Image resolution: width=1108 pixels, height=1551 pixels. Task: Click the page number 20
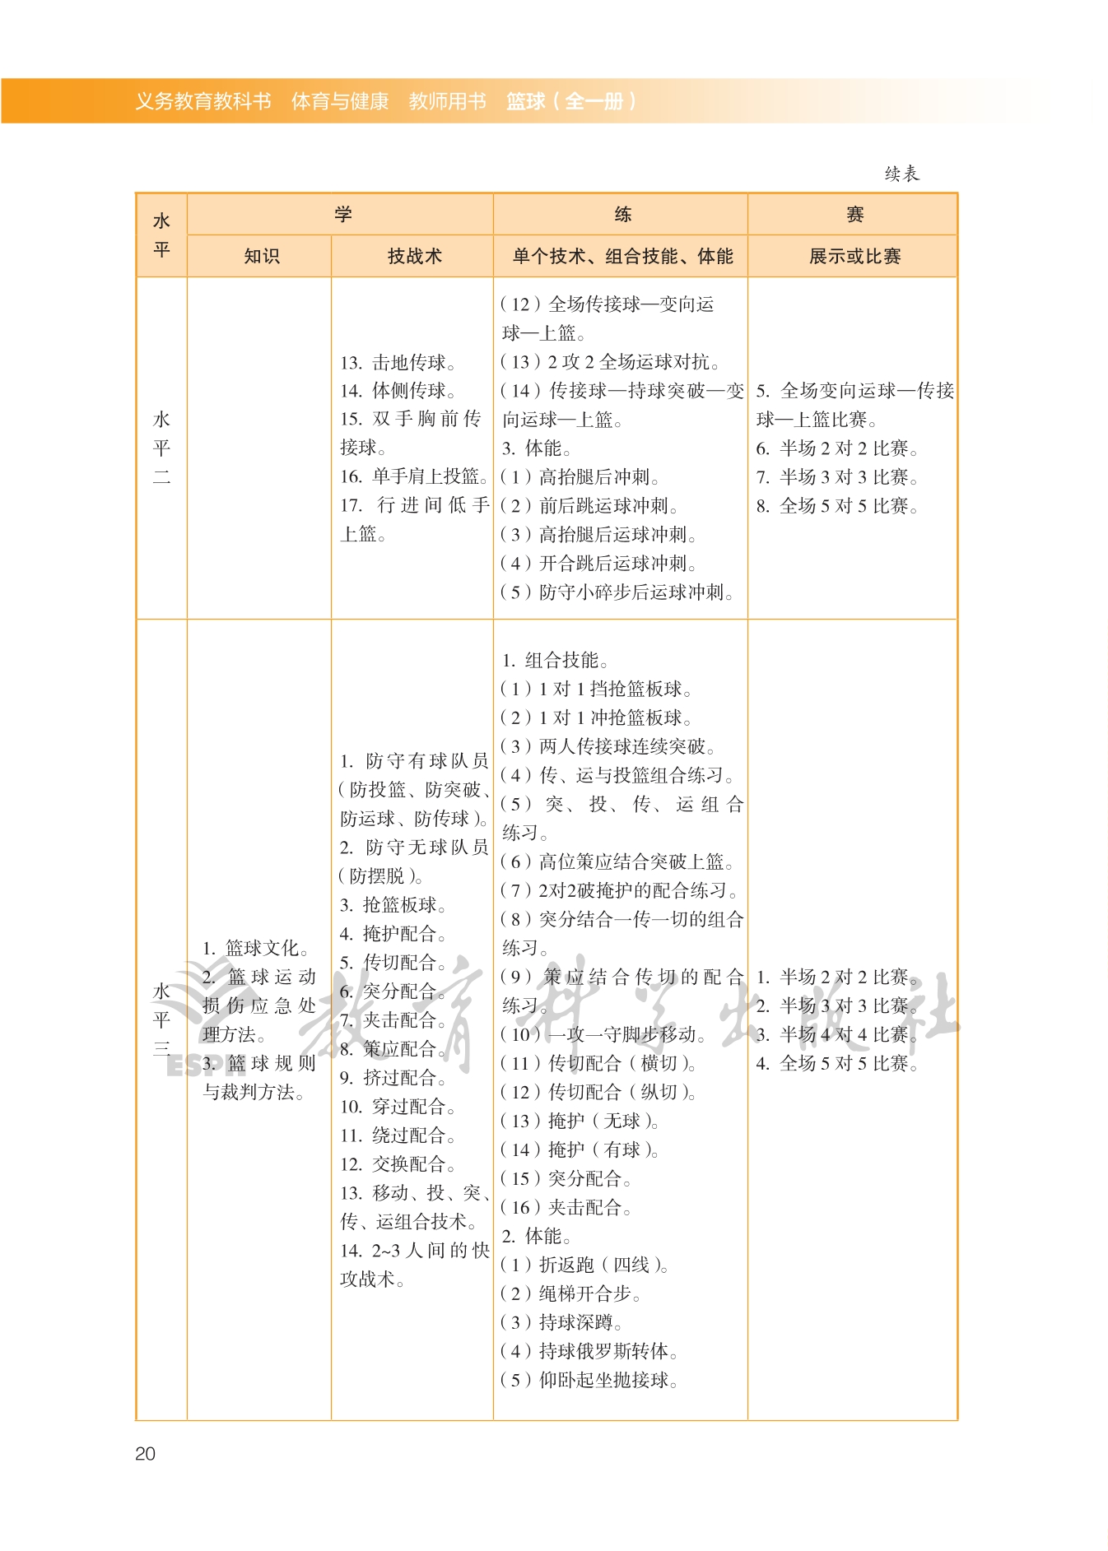click(145, 1453)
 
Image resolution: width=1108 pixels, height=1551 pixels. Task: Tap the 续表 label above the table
click(901, 174)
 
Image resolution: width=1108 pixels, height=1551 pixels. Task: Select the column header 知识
click(261, 256)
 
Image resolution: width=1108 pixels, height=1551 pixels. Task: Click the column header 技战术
click(414, 256)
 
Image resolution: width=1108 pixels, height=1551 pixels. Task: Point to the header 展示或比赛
click(854, 256)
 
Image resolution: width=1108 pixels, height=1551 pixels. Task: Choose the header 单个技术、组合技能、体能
click(622, 256)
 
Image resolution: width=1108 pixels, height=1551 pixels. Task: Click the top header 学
click(342, 214)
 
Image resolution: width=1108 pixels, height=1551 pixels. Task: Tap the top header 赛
click(854, 215)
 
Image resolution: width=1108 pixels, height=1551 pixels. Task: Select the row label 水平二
click(161, 448)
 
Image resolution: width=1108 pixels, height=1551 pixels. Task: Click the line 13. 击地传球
click(398, 362)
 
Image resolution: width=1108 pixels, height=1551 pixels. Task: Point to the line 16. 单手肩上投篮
click(414, 476)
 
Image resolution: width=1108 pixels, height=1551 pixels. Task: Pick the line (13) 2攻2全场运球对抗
click(611, 362)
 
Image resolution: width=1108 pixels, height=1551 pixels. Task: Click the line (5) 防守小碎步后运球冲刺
click(617, 592)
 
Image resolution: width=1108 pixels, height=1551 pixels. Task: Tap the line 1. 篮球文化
click(255, 948)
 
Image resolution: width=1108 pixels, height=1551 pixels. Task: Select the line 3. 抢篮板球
click(393, 905)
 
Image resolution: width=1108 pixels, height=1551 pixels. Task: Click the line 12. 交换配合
click(398, 1164)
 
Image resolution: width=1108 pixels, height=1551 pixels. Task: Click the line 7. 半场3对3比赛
click(836, 477)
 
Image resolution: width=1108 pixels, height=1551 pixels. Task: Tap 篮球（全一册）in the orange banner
click(570, 101)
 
